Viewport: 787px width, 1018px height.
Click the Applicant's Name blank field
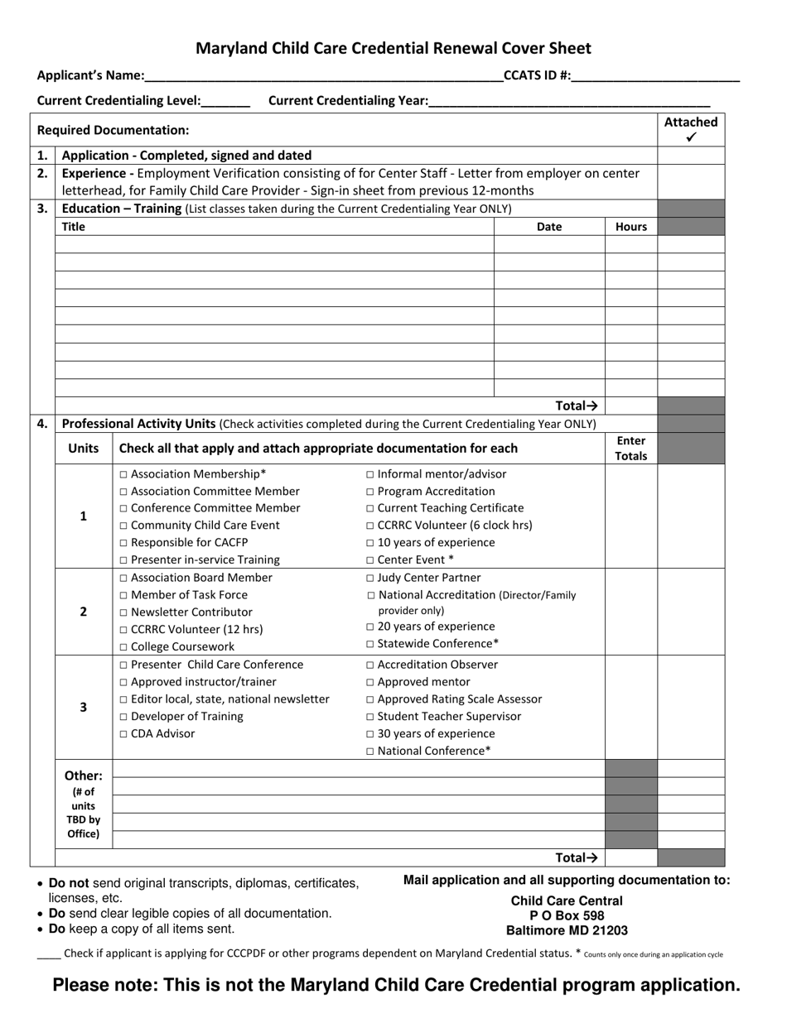click(x=323, y=77)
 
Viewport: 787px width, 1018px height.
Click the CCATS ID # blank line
click(x=655, y=77)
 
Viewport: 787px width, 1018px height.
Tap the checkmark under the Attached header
click(x=691, y=137)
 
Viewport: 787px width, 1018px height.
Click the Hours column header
click(x=631, y=227)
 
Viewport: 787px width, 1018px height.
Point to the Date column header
click(x=549, y=227)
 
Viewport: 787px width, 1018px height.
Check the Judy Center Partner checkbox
click(x=370, y=579)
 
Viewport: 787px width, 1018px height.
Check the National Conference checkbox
click(x=370, y=751)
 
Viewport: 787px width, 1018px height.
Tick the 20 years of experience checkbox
click(x=370, y=627)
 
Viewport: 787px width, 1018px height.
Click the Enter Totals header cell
click(x=631, y=449)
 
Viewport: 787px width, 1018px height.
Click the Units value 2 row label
click(x=83, y=612)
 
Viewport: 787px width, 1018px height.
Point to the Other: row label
click(x=83, y=776)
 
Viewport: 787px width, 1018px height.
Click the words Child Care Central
click(x=567, y=900)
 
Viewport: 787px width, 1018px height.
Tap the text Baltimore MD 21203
click(x=567, y=930)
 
